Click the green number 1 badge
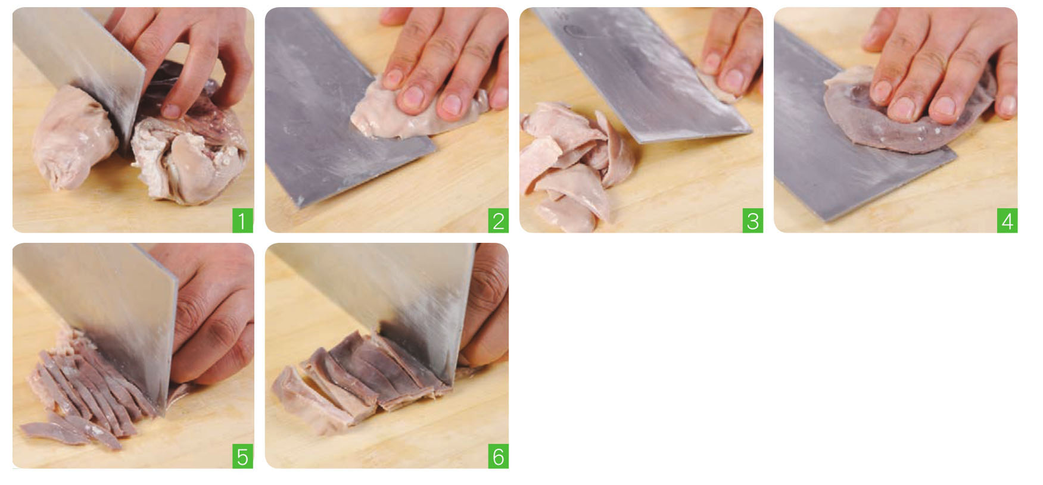click(x=242, y=221)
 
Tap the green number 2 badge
click(x=498, y=221)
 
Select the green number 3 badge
click(x=753, y=221)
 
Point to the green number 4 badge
click(x=1007, y=221)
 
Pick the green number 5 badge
click(x=242, y=456)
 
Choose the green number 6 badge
click(x=498, y=456)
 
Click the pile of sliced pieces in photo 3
click(x=572, y=161)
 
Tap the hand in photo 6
click(x=485, y=309)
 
